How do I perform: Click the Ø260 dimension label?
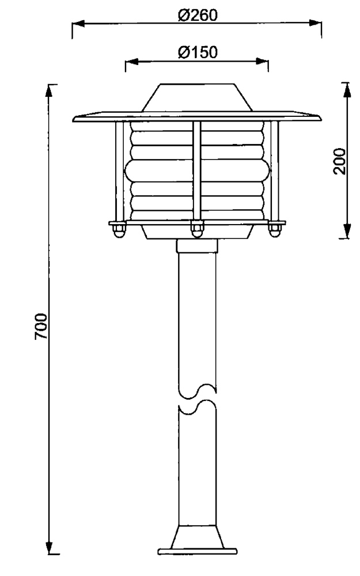pos(198,15)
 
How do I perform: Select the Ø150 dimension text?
pos(198,52)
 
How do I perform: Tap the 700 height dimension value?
pos(41,326)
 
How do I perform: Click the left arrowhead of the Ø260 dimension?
pos(78,24)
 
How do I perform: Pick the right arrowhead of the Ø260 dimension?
pos(315,23)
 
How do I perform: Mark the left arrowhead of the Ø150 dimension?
pos(131,62)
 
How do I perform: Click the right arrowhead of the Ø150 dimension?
pos(262,61)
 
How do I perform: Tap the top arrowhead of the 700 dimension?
pos(49,91)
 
